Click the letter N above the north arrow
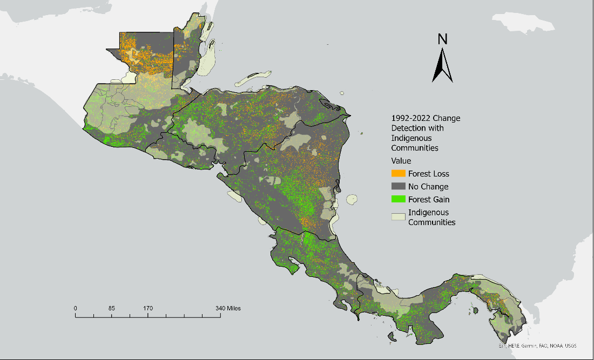click(x=442, y=39)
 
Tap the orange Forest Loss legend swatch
click(x=399, y=174)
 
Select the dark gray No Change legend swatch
click(x=399, y=187)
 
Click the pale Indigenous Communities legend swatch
click(x=399, y=216)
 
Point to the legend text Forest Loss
click(x=429, y=174)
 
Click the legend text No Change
click(x=428, y=187)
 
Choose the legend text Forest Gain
click(x=429, y=200)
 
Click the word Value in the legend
click(x=401, y=161)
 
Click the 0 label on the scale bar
click(x=76, y=308)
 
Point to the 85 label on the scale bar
click(x=111, y=308)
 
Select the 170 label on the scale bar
click(x=148, y=308)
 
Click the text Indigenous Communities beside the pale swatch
click(x=431, y=218)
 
